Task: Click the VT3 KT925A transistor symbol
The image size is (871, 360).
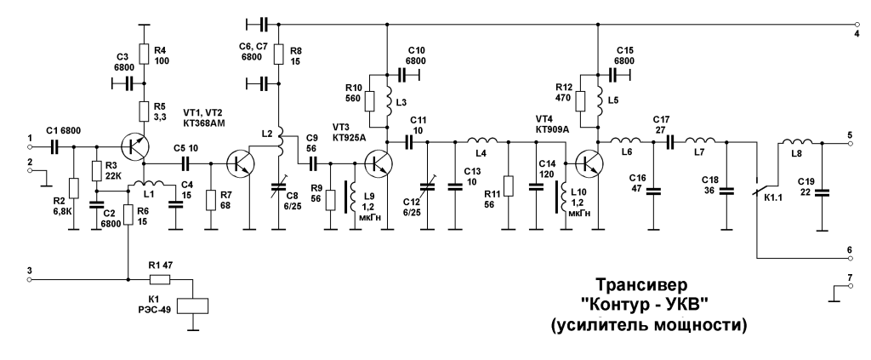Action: pos(379,163)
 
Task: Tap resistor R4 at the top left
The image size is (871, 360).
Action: pos(145,54)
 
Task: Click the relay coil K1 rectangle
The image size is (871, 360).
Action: pos(193,306)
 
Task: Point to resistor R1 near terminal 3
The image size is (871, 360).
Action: pos(160,280)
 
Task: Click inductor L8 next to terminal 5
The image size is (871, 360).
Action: pos(797,142)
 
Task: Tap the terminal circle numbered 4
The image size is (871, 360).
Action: pos(857,25)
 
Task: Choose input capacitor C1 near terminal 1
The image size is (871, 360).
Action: pos(54,146)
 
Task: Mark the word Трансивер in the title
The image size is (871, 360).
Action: pos(641,285)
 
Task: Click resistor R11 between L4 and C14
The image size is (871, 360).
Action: pos(509,186)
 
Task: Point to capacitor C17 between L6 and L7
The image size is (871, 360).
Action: pos(670,142)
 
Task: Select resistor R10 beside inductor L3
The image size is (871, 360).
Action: pos(371,102)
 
